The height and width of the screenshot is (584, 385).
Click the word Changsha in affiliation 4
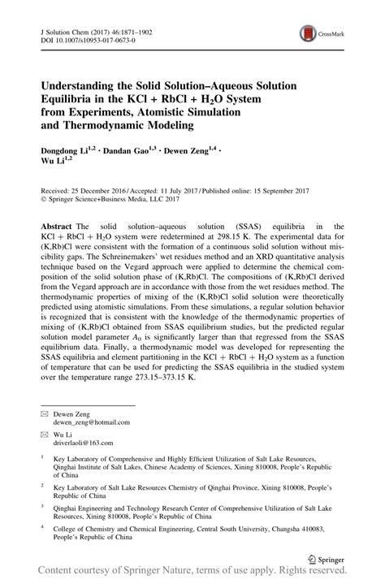[x=288, y=527]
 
